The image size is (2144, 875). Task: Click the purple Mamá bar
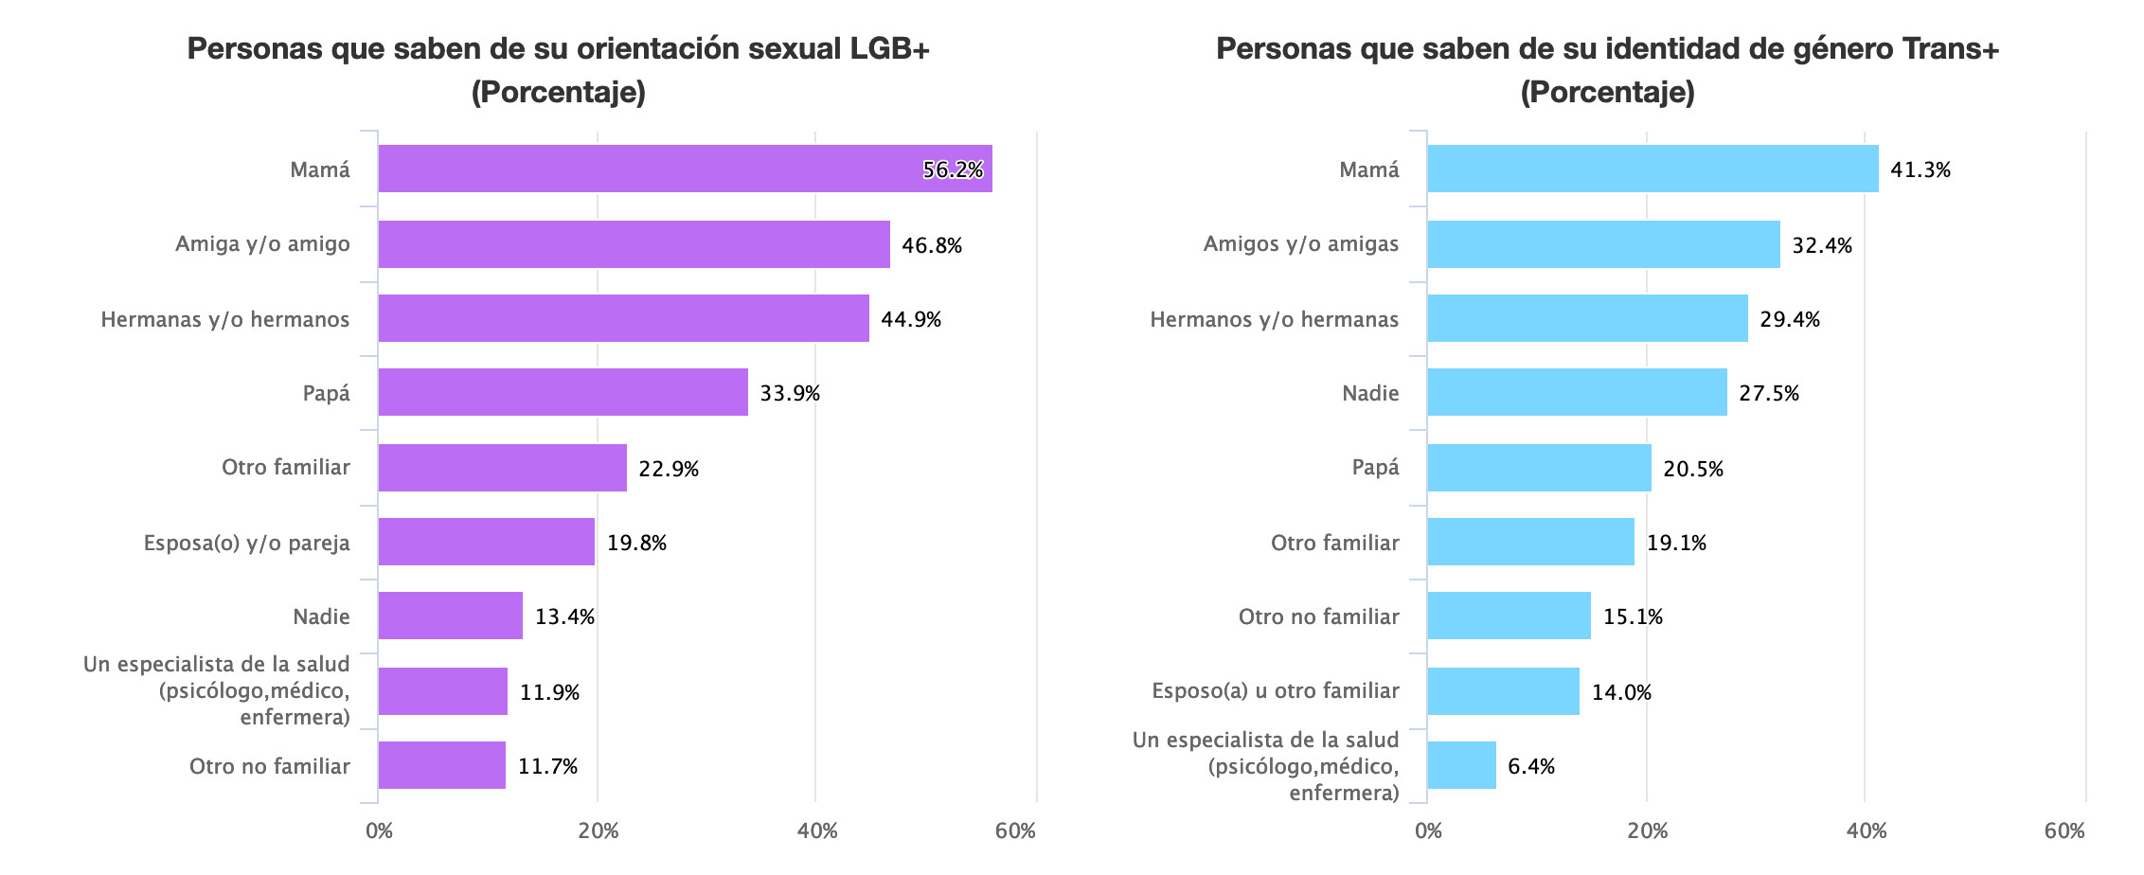click(x=685, y=170)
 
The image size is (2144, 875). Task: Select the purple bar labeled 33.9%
click(x=563, y=393)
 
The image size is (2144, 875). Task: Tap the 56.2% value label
click(x=953, y=170)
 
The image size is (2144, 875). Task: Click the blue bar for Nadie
click(x=1577, y=393)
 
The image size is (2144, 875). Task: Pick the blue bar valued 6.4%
click(x=1461, y=766)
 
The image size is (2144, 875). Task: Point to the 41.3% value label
click(x=1921, y=170)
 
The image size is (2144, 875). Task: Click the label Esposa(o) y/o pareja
click(x=246, y=543)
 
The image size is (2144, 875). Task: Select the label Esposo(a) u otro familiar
click(x=1275, y=690)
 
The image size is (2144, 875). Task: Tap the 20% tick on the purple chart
click(x=598, y=831)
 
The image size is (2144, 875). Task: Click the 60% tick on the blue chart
click(x=2064, y=831)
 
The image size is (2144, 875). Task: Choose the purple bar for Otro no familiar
click(x=441, y=766)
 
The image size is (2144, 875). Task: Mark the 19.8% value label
click(x=636, y=543)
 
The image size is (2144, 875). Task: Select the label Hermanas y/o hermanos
click(x=224, y=319)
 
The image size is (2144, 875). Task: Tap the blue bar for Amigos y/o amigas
click(x=1603, y=244)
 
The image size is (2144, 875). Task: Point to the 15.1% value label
click(x=1633, y=616)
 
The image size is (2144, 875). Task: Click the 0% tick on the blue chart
click(x=1428, y=831)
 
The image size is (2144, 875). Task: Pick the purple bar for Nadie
click(x=450, y=616)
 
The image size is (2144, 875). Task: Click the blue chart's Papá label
click(x=1375, y=467)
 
